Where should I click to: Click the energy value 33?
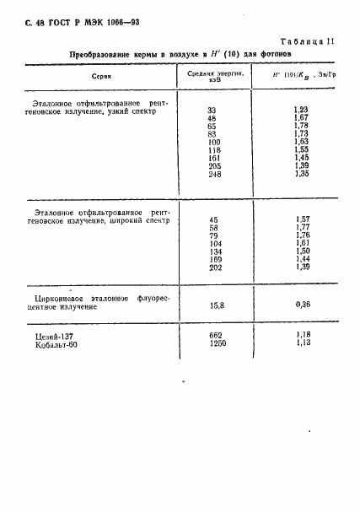tap(211, 111)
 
